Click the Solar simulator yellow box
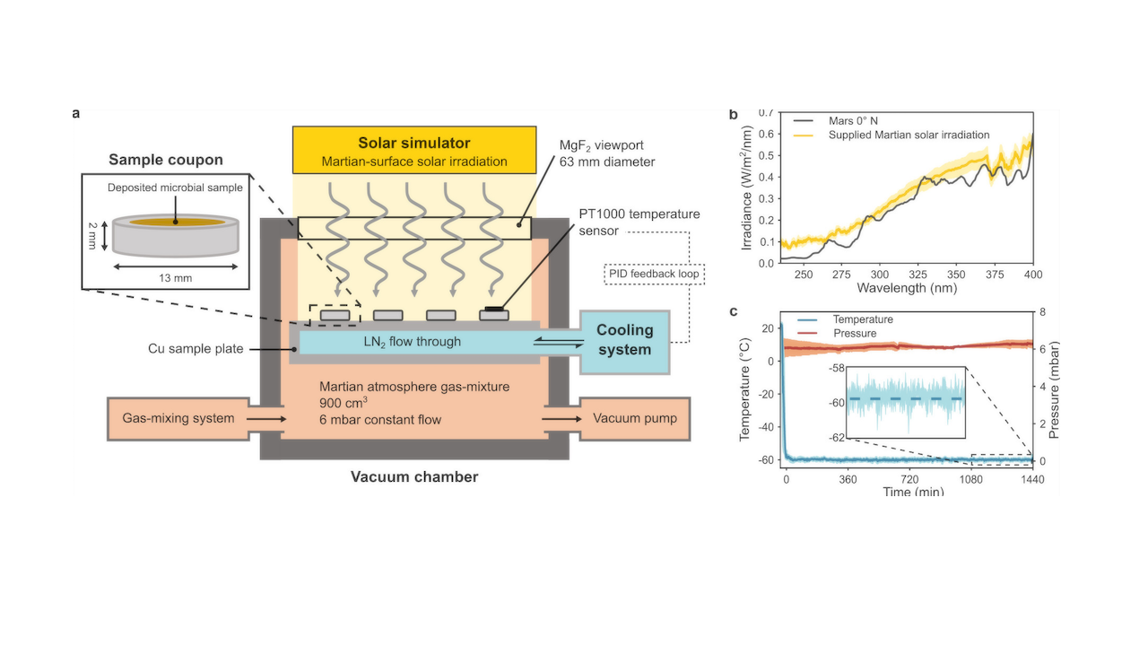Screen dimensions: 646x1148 [x=413, y=151]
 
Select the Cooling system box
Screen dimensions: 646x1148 [x=625, y=340]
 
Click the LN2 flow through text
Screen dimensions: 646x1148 [x=413, y=341]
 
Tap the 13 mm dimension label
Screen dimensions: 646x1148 [x=176, y=278]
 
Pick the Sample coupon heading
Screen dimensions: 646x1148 [x=166, y=161]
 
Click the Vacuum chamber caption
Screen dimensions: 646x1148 [x=413, y=477]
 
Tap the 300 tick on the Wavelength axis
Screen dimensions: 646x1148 [x=880, y=275]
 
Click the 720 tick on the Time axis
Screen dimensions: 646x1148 [x=909, y=479]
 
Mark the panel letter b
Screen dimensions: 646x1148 [x=734, y=115]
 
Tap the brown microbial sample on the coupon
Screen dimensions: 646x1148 [x=175, y=221]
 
